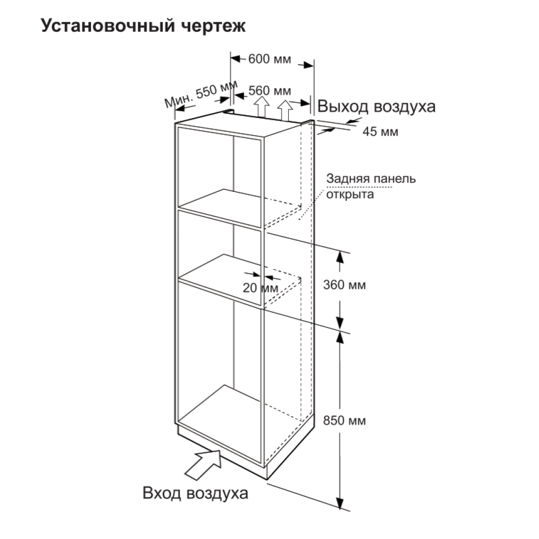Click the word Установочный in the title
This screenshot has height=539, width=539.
coord(108,26)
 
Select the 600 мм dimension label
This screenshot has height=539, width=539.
coord(269,59)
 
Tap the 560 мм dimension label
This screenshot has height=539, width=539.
coord(270,91)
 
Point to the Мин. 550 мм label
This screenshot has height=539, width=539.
coord(201,93)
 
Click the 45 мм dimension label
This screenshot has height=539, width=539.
coord(380,132)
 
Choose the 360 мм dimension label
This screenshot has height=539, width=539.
coord(344,285)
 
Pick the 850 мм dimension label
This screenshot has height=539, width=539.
coord(344,420)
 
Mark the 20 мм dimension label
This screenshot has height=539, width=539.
coord(260,288)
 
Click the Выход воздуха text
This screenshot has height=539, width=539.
coord(376,107)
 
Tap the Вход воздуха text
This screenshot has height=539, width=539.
coord(195,493)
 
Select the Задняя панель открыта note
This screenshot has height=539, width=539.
coord(371,186)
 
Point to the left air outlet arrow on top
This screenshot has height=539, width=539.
coord(262,107)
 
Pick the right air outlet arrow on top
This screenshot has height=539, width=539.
coord(285,110)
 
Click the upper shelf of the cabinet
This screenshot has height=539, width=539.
coord(220,208)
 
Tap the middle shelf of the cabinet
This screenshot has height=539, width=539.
coord(220,279)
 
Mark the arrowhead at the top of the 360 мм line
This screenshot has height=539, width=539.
coord(340,257)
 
